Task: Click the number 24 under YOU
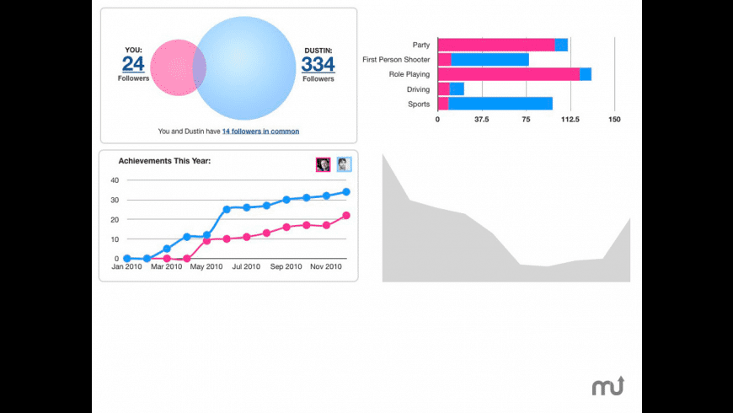[133, 64]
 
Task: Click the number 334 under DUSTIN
[318, 64]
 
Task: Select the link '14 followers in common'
[260, 131]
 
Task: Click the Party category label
[421, 45]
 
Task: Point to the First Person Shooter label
[396, 60]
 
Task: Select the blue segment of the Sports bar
[500, 104]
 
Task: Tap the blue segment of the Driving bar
[457, 89]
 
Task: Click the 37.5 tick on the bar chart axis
[481, 120]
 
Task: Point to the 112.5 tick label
[570, 120]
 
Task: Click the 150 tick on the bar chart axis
[614, 120]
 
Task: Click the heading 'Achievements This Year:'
[164, 160]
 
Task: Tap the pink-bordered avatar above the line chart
[324, 164]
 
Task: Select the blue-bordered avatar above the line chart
[344, 164]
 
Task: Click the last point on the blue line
[346, 192]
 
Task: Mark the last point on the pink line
[346, 216]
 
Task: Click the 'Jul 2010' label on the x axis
[247, 267]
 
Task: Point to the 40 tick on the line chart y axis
[115, 180]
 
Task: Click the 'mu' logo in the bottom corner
[607, 386]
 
